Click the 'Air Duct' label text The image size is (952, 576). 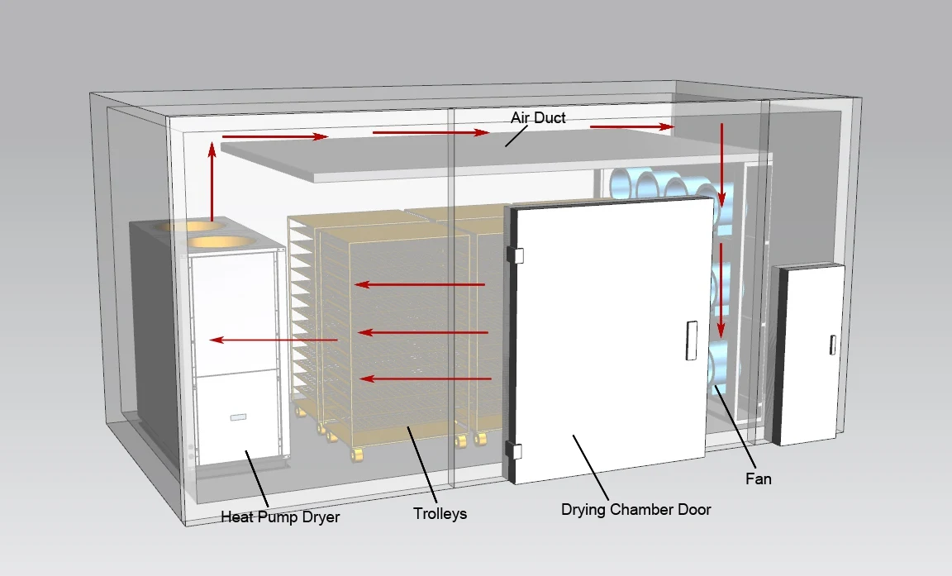click(538, 118)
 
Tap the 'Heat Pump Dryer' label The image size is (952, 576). click(280, 518)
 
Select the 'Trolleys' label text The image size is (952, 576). click(440, 514)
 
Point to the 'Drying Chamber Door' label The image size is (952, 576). click(635, 509)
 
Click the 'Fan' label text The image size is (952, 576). click(758, 478)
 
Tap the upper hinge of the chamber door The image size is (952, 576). click(516, 255)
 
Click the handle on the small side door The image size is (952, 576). click(832, 345)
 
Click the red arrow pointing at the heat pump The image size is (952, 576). click(273, 340)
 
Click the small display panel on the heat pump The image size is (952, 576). click(238, 417)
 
